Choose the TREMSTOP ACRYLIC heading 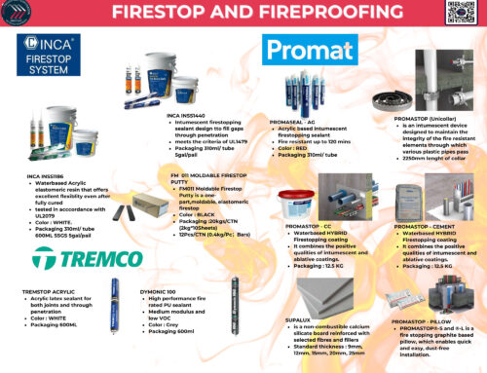click(47, 289)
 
